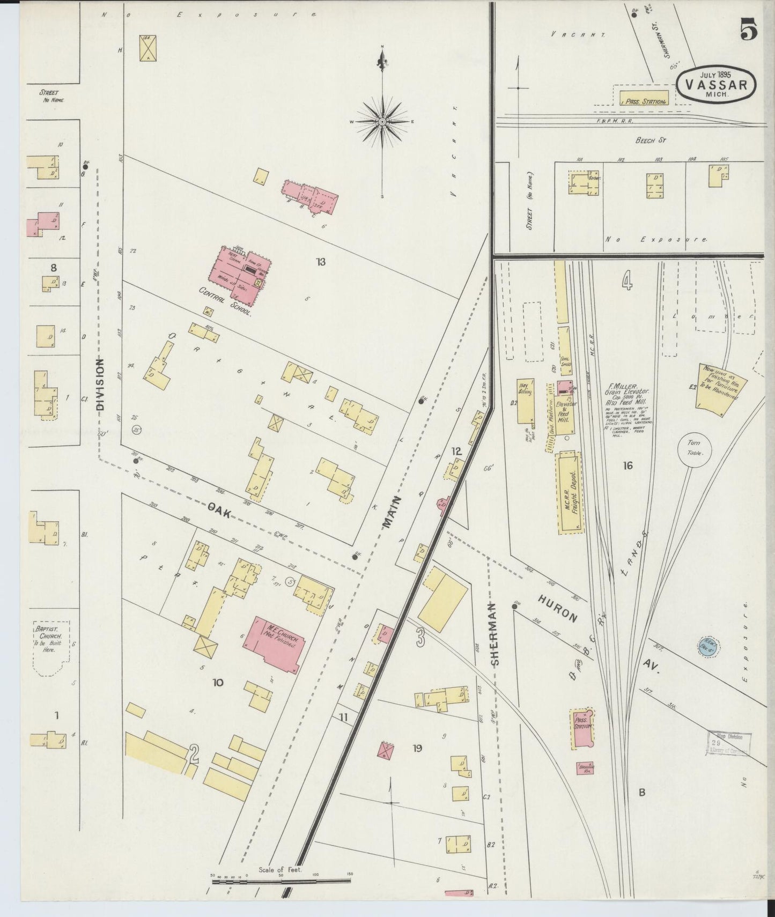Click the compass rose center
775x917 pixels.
pyautogui.click(x=382, y=122)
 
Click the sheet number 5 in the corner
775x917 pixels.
pyautogui.click(x=749, y=29)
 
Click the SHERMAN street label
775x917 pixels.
pyautogui.click(x=494, y=634)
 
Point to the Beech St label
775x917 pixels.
pyautogui.click(x=650, y=140)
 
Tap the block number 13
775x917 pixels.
pyautogui.click(x=321, y=262)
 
